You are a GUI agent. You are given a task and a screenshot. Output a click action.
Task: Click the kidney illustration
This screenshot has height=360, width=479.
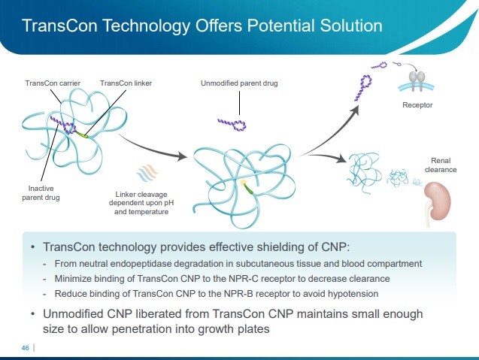pos(438,201)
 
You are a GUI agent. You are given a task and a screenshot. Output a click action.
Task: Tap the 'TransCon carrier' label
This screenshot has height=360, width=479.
pos(50,83)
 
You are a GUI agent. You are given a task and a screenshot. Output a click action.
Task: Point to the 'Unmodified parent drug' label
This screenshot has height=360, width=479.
pos(239,83)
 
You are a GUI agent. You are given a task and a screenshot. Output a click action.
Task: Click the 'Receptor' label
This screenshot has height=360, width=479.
pos(417,106)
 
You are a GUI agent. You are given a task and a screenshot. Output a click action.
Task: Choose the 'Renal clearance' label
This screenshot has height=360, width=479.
pos(440,165)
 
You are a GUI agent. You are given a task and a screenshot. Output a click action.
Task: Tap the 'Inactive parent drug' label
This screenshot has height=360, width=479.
pos(35,193)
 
